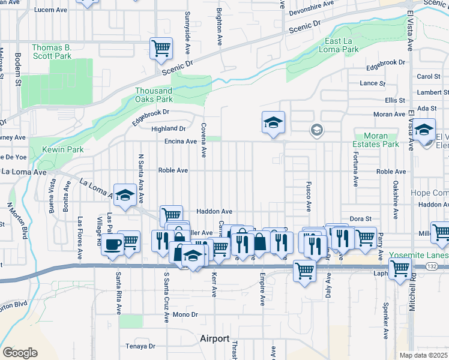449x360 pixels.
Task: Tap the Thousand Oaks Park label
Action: tap(154, 95)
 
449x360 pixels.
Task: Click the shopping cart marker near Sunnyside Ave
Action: tap(160, 47)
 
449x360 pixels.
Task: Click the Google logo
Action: tap(20, 352)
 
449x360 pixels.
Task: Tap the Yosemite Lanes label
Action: tap(419, 254)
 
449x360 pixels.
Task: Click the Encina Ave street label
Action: tap(181, 142)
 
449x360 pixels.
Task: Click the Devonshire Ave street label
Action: tap(311, 4)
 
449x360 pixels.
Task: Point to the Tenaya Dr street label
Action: tap(140, 346)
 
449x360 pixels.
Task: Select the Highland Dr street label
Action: tap(168, 128)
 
